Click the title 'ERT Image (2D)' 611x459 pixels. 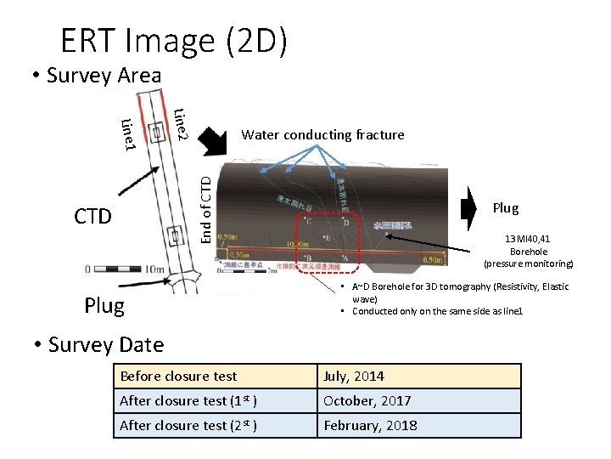[x=173, y=40]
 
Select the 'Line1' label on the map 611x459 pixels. [x=128, y=136]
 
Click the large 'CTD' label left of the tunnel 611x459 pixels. [x=92, y=216]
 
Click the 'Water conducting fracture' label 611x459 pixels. [x=322, y=134]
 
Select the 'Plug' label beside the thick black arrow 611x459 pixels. [x=505, y=208]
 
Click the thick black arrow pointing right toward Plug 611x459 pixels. [x=469, y=208]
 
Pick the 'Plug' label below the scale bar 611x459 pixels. [x=104, y=304]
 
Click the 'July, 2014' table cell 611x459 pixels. [x=351, y=376]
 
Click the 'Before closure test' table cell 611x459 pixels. [x=178, y=376]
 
